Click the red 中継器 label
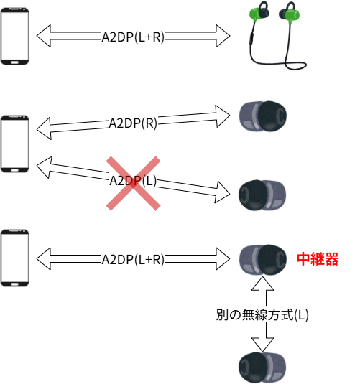point(318,259)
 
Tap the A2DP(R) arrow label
point(133,123)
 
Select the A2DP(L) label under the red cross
point(133,181)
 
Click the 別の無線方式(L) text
point(262,315)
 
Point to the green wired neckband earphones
point(277,35)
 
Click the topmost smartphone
point(15,36)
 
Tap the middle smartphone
point(15,144)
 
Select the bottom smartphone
point(15,258)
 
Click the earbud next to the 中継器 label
point(263,259)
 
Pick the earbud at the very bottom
point(262,367)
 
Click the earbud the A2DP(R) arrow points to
point(263,116)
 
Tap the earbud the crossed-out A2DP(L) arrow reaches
point(262,195)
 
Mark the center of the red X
point(133,183)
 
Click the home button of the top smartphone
point(14,62)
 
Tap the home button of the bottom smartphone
point(14,284)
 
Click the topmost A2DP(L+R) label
point(133,37)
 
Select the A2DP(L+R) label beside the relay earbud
point(133,260)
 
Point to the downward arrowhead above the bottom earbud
point(262,345)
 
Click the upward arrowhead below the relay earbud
point(262,284)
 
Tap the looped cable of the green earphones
point(295,65)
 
